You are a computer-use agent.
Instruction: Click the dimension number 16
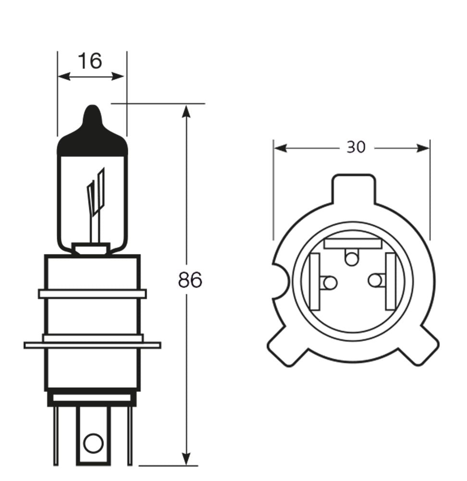[90, 61]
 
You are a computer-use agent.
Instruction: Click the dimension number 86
[190, 280]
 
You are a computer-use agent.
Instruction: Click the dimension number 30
[356, 147]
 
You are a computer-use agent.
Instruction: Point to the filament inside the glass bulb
[96, 192]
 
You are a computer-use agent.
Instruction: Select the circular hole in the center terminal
[93, 443]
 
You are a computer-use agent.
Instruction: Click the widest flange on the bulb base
[92, 345]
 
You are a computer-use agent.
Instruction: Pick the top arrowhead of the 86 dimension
[187, 111]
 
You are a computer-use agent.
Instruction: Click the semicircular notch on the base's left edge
[279, 281]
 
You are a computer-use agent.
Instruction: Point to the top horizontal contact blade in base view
[354, 243]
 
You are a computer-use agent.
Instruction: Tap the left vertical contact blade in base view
[316, 281]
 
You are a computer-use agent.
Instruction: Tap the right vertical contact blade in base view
[390, 281]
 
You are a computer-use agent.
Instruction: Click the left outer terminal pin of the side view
[56, 435]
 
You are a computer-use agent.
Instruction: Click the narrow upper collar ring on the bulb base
[92, 293]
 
